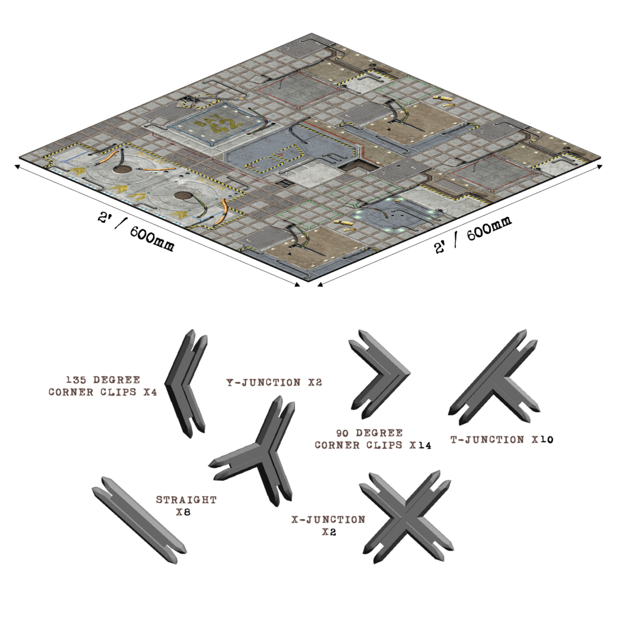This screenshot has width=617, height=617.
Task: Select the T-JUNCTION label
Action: (x=494, y=440)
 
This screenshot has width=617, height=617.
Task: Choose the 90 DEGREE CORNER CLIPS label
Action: (x=365, y=439)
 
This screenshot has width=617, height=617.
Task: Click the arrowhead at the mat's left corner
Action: (x=17, y=166)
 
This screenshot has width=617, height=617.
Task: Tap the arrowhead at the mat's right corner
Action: (x=599, y=166)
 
